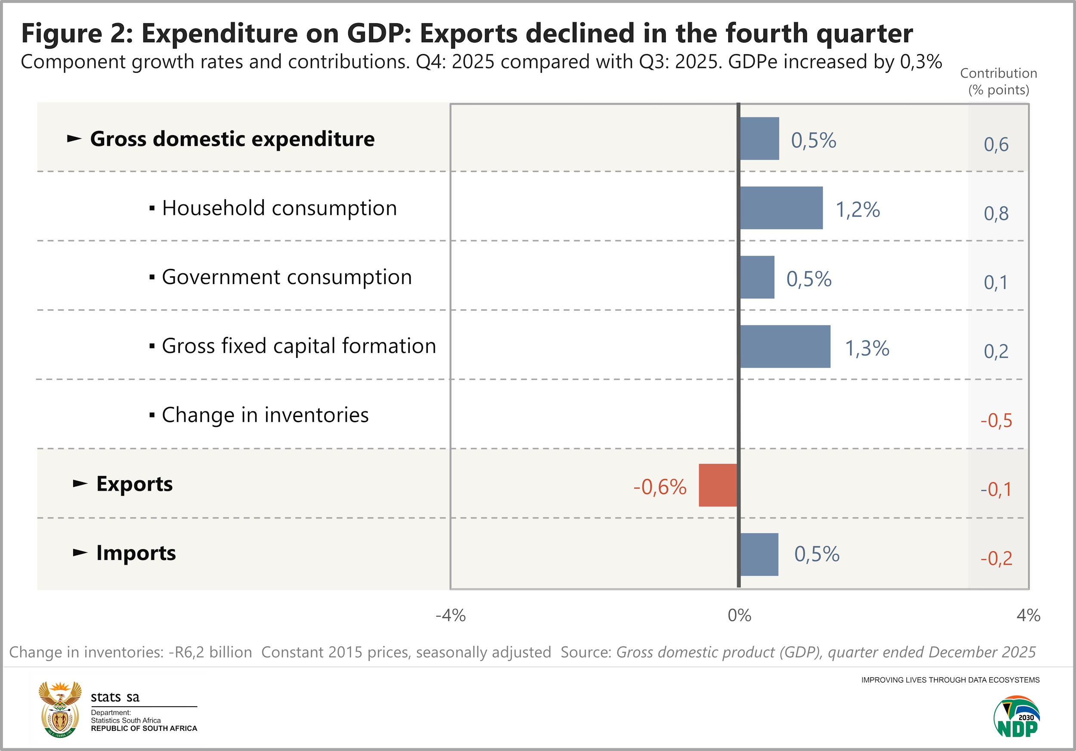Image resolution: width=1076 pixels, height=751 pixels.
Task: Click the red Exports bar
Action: point(717,485)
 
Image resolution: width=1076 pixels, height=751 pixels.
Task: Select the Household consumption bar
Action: point(781,207)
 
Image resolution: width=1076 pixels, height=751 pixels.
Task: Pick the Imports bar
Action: point(759,554)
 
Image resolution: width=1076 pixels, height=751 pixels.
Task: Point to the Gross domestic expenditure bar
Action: point(760,138)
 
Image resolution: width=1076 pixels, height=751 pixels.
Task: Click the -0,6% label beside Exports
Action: point(660,487)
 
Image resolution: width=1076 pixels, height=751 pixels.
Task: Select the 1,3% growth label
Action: point(867,348)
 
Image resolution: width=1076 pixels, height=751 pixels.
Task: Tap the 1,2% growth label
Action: point(858,210)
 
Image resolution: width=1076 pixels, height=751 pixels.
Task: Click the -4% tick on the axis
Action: point(450,615)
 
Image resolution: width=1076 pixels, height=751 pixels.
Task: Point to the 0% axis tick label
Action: point(739,615)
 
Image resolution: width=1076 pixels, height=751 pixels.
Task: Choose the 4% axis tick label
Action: point(1028,615)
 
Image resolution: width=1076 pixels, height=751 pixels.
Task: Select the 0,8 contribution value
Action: point(996,213)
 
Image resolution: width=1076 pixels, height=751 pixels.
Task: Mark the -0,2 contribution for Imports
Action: point(996,558)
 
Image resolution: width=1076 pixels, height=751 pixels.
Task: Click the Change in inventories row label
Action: point(265,414)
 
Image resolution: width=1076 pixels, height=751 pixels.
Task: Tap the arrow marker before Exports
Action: point(80,483)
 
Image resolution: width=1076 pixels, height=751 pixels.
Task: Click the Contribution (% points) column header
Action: point(999,81)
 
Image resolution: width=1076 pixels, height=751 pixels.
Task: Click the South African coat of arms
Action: point(60,709)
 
